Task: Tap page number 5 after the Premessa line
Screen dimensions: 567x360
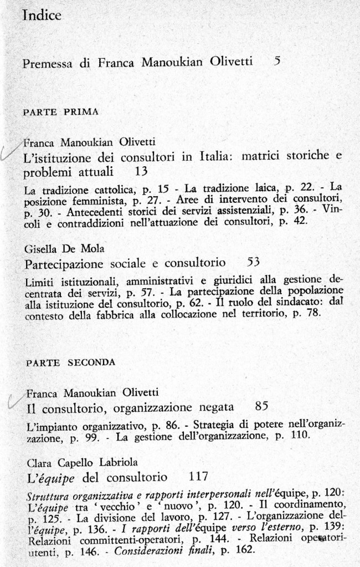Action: tap(277, 62)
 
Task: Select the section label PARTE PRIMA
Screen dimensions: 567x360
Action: tap(61, 111)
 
